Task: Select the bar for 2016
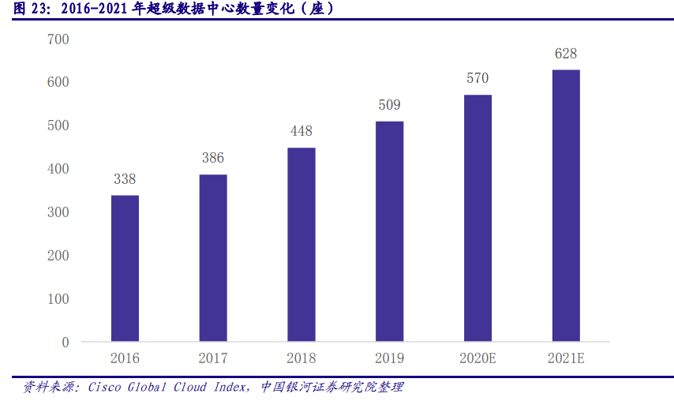click(125, 268)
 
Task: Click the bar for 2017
click(213, 258)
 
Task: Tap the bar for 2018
click(301, 245)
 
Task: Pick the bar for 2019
click(389, 231)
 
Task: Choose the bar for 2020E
click(477, 219)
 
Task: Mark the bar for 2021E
click(566, 206)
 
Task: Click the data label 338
click(125, 179)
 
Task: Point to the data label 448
click(301, 131)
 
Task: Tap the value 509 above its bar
click(389, 105)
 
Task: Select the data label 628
click(566, 54)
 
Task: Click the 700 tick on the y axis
click(58, 39)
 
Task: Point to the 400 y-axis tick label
click(58, 169)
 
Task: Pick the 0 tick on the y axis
click(66, 343)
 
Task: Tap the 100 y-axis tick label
click(58, 299)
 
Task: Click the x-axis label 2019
click(389, 358)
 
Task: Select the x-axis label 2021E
click(566, 358)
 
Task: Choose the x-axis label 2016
click(125, 358)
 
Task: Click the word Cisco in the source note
click(103, 387)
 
